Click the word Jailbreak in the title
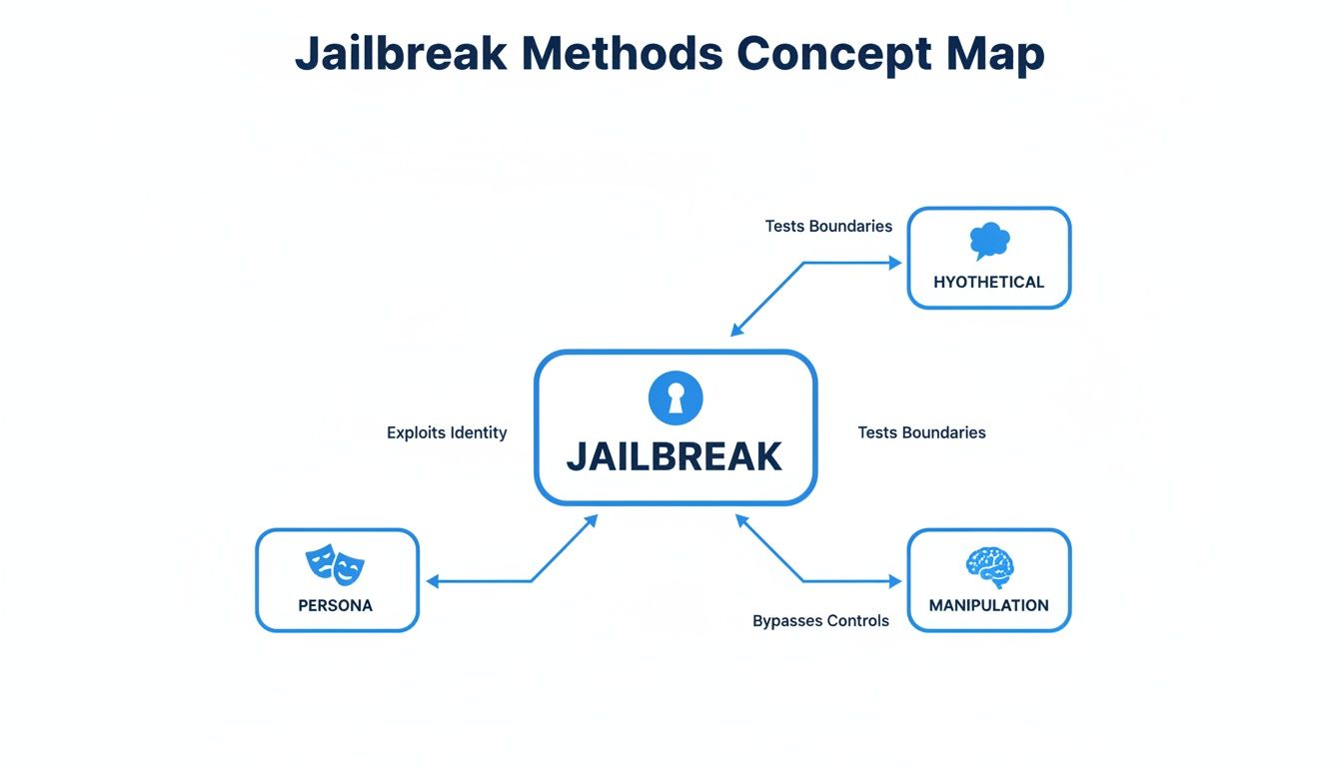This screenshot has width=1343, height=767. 401,53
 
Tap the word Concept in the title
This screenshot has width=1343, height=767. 828,53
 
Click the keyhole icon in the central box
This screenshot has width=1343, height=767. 675,398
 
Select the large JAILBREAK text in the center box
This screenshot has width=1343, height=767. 674,456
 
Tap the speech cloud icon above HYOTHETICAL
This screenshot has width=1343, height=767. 989,242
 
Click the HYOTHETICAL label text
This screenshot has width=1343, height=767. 988,283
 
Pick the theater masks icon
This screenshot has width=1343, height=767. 335,564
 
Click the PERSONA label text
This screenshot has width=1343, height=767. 335,605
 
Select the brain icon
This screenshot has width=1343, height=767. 989,566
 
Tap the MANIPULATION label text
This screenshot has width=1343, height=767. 988,605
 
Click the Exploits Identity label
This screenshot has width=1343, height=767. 447,432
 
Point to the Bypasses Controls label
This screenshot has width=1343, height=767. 820,621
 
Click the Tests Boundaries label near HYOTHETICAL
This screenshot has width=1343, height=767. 828,226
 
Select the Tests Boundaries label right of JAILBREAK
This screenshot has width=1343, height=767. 921,432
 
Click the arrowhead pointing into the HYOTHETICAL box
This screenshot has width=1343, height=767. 895,263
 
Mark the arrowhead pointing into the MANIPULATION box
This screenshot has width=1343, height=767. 895,581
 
